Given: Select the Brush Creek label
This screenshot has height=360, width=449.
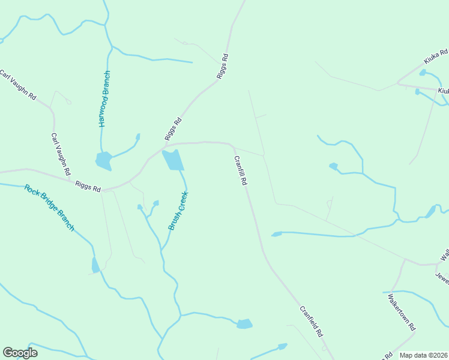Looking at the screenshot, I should point(178,211).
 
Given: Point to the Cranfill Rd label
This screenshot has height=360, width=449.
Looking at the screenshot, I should point(241,171).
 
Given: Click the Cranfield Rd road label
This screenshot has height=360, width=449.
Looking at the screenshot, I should point(312,321).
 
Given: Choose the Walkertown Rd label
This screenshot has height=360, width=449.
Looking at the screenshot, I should point(402,313).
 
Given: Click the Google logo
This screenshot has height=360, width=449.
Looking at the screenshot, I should point(20,353).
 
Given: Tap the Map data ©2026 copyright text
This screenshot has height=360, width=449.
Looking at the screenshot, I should point(424,355).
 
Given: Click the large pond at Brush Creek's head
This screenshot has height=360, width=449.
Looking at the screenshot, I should point(173,160).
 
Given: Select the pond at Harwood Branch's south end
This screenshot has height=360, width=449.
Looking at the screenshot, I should point(103,160).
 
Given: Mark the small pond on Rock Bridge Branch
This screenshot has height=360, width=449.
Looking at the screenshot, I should point(95,265).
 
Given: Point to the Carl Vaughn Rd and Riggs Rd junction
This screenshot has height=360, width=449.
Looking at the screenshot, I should point(71,180).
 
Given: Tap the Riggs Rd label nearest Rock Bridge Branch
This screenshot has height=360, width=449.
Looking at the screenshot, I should point(88,187).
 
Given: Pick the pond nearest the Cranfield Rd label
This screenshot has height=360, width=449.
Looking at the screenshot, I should point(244,324).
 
